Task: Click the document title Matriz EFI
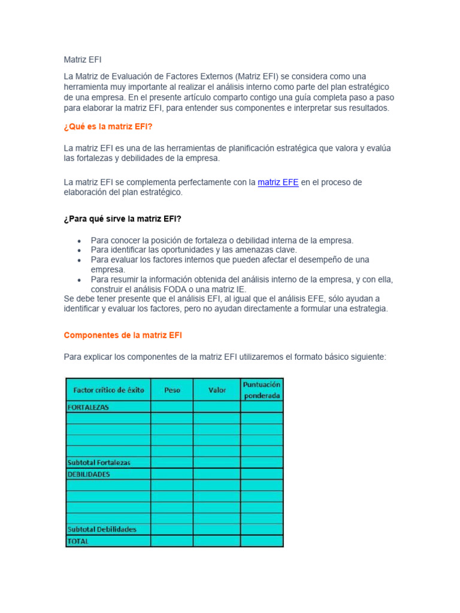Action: pos(83,60)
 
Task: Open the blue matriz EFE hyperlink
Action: pos(278,182)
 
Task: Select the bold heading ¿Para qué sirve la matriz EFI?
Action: pos(122,219)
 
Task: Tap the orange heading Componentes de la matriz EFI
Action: pos(123,335)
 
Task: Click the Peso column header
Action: pos(172,390)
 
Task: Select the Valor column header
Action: pos(217,390)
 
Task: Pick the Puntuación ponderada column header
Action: pos(262,390)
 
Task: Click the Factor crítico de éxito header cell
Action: pos(108,390)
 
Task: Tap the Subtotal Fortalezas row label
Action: pos(99,463)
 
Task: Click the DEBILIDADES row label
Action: pos(89,474)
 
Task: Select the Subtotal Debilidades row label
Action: pos(102,529)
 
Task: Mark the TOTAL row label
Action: pos(78,541)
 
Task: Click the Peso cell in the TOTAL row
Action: pos(172,541)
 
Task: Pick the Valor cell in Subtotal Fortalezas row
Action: pos(217,463)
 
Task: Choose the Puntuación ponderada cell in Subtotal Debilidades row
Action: pos(262,529)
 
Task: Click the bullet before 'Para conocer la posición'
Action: pos(80,241)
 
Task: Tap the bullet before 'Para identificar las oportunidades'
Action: pos(80,250)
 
